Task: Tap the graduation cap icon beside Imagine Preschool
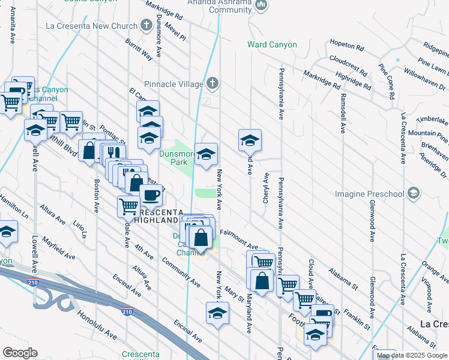(412, 193)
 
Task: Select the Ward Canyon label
(272, 45)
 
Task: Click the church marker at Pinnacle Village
(211, 84)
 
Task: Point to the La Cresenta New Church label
(88, 26)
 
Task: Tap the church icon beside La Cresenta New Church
(145, 26)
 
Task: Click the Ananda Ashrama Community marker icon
(261, 6)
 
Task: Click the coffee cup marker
(150, 195)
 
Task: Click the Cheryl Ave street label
(265, 188)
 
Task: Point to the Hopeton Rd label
(346, 46)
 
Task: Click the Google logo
(20, 353)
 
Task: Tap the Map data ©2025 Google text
(412, 355)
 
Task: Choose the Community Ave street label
(181, 272)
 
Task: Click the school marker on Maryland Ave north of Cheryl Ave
(249, 140)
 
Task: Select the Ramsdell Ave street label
(343, 113)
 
